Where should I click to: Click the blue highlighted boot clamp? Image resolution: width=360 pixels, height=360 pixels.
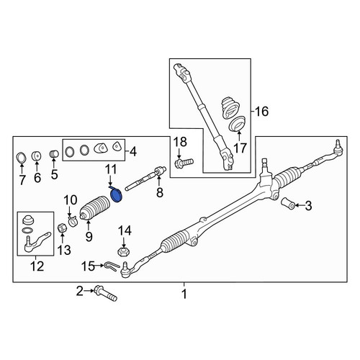[116, 195]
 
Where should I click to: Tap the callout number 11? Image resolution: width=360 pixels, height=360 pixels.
[111, 169]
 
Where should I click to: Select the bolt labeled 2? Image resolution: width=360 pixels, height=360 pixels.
[106, 293]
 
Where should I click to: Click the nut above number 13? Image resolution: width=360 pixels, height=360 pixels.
[63, 228]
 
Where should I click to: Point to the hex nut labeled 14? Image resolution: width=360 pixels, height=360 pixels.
[123, 252]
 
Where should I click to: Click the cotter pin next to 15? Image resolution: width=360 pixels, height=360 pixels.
[112, 266]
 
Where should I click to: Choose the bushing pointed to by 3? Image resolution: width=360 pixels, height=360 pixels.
[288, 204]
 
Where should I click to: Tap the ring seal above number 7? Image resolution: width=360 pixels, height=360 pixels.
[22, 157]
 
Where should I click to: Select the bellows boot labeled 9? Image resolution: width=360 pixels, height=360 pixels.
[94, 208]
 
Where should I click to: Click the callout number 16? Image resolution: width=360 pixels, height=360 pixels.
[261, 112]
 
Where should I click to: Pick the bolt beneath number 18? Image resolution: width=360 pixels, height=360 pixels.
[184, 163]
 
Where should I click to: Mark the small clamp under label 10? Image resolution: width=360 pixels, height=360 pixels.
[72, 221]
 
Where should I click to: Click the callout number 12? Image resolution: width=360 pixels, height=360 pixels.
[37, 266]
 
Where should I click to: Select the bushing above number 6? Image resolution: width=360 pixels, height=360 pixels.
[37, 156]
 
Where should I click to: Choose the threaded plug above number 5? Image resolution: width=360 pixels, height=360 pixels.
[55, 153]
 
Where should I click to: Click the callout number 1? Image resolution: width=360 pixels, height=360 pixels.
[184, 294]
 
